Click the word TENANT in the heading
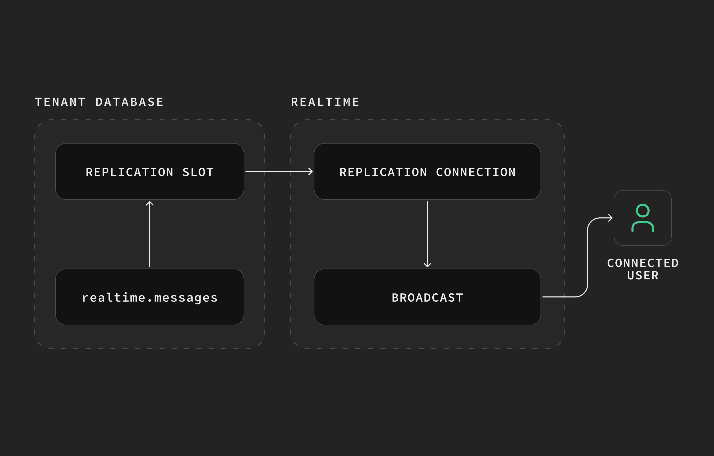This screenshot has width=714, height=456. (x=60, y=102)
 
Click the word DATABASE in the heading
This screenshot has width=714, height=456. (x=130, y=102)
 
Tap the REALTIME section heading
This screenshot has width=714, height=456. (x=325, y=102)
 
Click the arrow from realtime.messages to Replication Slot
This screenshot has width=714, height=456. (x=150, y=234)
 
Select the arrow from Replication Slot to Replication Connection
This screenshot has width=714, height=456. (x=279, y=171)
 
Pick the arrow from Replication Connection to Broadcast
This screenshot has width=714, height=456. (x=427, y=234)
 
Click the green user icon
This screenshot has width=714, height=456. (x=642, y=218)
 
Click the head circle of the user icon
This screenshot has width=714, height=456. (x=642, y=211)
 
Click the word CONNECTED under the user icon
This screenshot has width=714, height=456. (x=643, y=263)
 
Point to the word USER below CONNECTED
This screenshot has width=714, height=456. (x=643, y=276)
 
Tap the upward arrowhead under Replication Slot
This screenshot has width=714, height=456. (x=150, y=203)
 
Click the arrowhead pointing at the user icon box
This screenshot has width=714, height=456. (x=610, y=218)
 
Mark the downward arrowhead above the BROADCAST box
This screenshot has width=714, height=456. (x=427, y=265)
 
